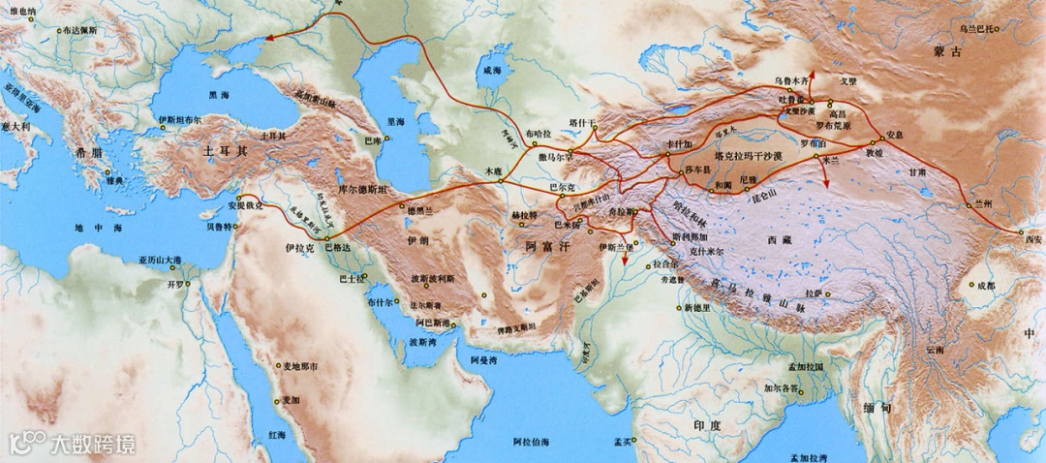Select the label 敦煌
pyautogui.click(x=875, y=152)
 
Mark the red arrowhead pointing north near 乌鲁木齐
pyautogui.click(x=814, y=74)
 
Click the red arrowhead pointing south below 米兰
pyautogui.click(x=826, y=183)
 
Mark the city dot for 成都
pyautogui.click(x=970, y=285)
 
